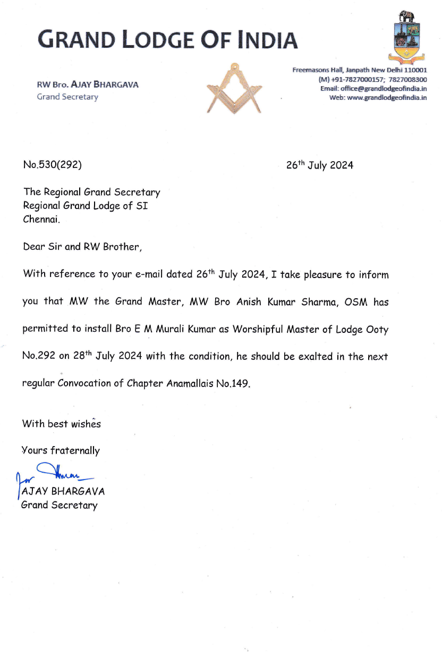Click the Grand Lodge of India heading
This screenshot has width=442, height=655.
[167, 39]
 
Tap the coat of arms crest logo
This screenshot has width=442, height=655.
[407, 37]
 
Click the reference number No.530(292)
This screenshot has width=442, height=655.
[52, 165]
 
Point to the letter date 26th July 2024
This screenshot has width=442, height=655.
[319, 165]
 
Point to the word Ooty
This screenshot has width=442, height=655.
[377, 330]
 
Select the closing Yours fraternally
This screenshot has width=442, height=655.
[61, 451]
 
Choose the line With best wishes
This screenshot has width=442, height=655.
[61, 424]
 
